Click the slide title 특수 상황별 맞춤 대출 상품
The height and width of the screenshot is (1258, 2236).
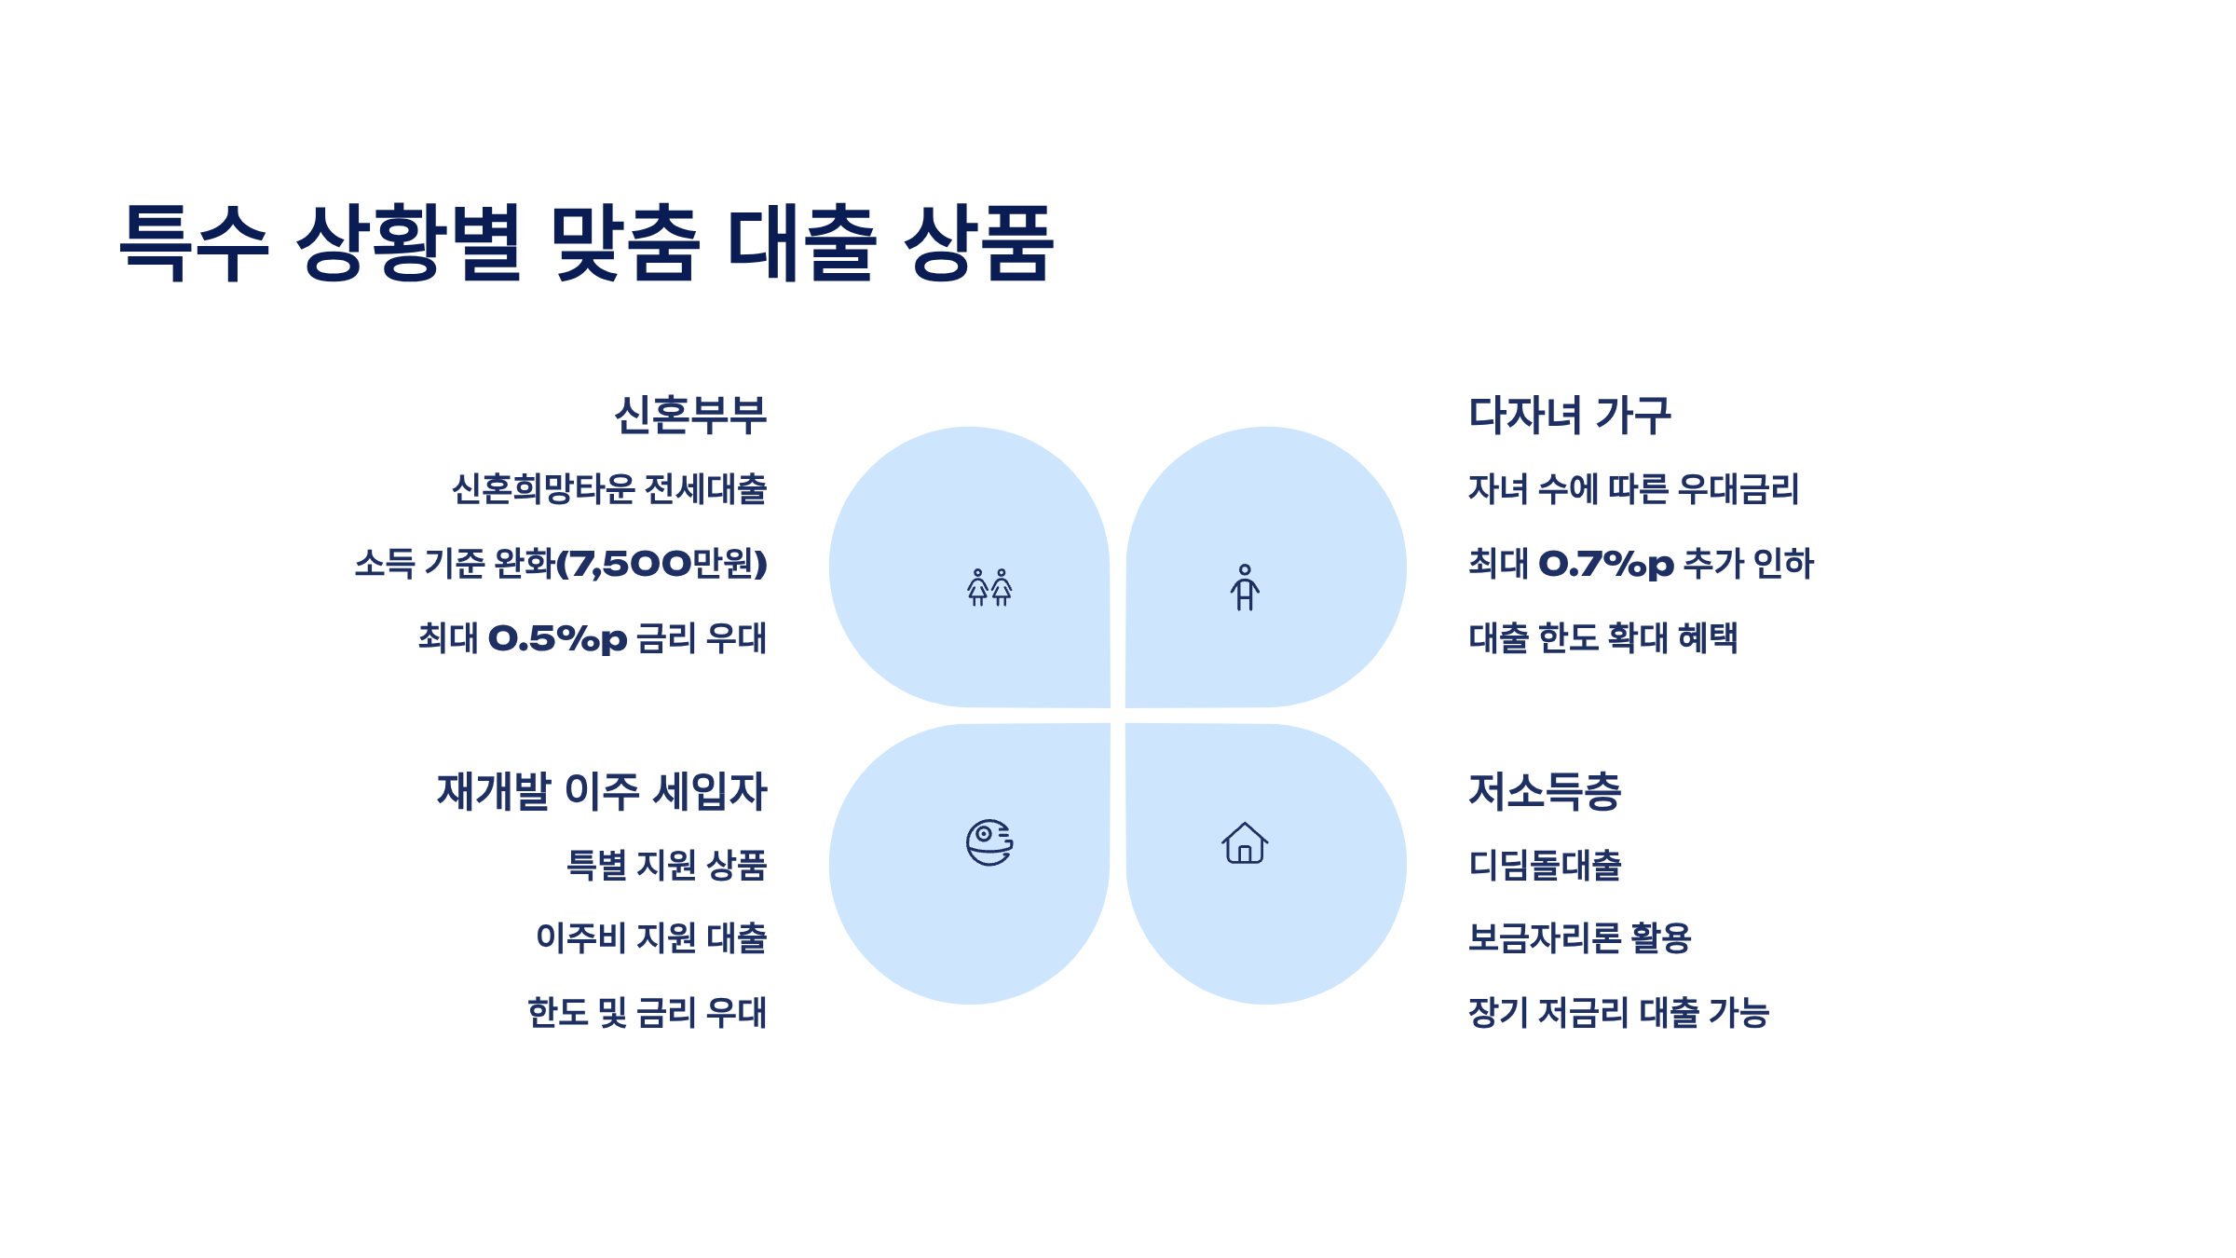(587, 242)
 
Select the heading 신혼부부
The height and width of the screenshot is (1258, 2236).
(690, 416)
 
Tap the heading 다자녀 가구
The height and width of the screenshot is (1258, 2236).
(1570, 416)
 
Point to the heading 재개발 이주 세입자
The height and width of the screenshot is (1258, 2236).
(602, 792)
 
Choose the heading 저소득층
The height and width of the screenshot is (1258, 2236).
(1545, 792)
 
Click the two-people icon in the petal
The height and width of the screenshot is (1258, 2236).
(989, 588)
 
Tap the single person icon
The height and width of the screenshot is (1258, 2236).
(1245, 588)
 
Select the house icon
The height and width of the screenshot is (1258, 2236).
(1245, 843)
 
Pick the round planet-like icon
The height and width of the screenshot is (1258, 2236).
(989, 843)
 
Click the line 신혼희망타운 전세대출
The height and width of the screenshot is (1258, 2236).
(609, 489)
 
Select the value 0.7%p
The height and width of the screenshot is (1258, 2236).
(1606, 564)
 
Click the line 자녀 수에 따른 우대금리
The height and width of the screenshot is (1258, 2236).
(1633, 489)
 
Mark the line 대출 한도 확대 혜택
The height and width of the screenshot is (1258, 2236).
(1603, 638)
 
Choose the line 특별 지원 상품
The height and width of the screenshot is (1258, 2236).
(667, 865)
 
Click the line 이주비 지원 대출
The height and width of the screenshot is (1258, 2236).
(651, 937)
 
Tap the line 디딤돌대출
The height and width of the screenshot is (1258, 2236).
(1545, 865)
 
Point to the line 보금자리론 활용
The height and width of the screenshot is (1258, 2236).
(1579, 937)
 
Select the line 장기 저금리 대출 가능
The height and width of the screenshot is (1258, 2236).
(1618, 1012)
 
